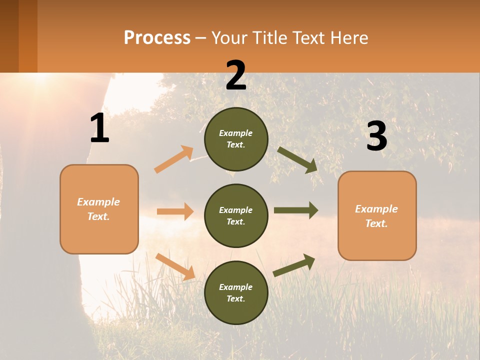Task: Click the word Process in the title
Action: (157, 38)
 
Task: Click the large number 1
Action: (99, 128)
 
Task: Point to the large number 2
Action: (236, 75)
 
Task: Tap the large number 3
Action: (376, 137)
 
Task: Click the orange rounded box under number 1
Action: (99, 209)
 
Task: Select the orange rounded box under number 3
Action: (377, 215)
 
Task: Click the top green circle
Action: (236, 139)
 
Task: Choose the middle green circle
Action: (236, 215)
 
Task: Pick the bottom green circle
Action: (236, 292)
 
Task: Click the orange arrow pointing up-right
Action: (174, 159)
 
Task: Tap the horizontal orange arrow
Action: (175, 211)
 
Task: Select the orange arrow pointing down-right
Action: (175, 266)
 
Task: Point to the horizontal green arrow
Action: (295, 210)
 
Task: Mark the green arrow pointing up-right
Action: (294, 265)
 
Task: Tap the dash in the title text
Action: (201, 38)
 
